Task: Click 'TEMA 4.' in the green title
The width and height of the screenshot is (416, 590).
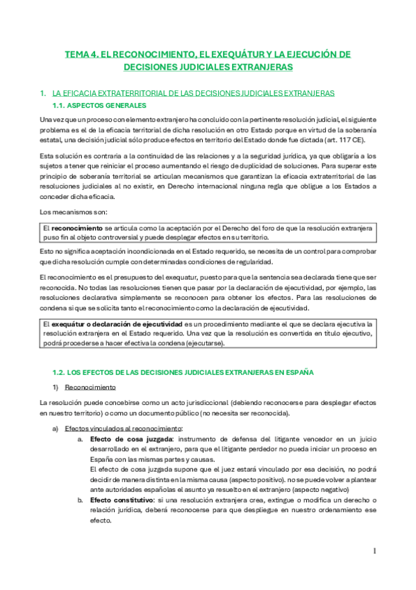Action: click(83, 54)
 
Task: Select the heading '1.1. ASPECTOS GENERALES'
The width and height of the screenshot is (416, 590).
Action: click(99, 105)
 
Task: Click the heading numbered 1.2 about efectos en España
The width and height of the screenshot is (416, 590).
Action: click(183, 372)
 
